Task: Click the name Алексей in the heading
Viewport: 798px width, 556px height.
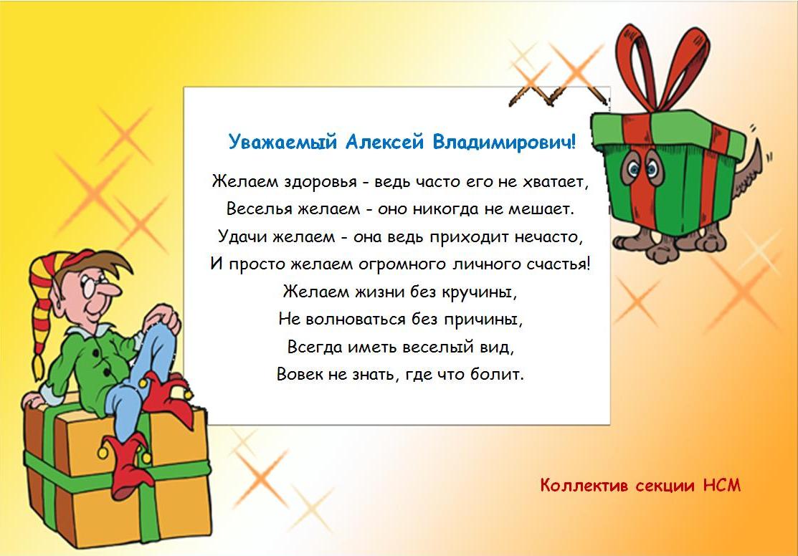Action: point(384,141)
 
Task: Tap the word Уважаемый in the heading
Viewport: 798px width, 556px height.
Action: point(282,141)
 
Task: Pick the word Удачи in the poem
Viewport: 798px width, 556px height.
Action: point(243,237)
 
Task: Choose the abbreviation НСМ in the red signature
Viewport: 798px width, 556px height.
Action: point(722,485)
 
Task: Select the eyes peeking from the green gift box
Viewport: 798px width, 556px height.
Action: point(642,168)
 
